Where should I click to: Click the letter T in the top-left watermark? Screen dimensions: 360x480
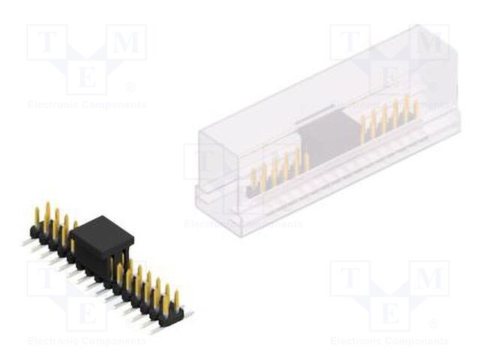coord(47,43)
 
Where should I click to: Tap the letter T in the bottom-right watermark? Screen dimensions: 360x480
coord(350,279)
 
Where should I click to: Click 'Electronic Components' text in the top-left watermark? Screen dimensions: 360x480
coord(86,105)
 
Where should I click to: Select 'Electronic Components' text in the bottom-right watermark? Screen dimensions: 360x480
coord(389,341)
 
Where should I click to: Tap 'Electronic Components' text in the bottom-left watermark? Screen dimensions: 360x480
coord(86,341)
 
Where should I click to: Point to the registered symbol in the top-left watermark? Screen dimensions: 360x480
coord(130,87)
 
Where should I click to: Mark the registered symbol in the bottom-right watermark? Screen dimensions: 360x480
coord(433,323)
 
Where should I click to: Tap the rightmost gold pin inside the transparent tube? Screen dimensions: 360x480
coord(416,108)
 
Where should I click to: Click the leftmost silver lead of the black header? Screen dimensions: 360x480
coord(28,241)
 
